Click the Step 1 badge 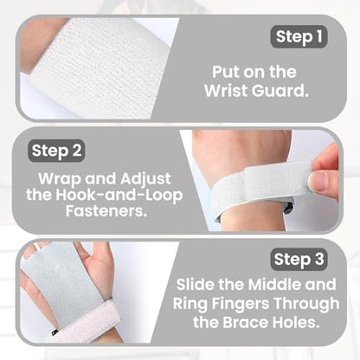click(299, 36)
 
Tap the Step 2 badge click(56, 151)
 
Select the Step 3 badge click(299, 259)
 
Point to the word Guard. click(279, 91)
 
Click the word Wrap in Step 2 click(60, 179)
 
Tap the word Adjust click(145, 179)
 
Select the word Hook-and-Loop click(119, 195)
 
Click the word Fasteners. click(106, 211)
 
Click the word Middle click(274, 285)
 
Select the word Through click(306, 304)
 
